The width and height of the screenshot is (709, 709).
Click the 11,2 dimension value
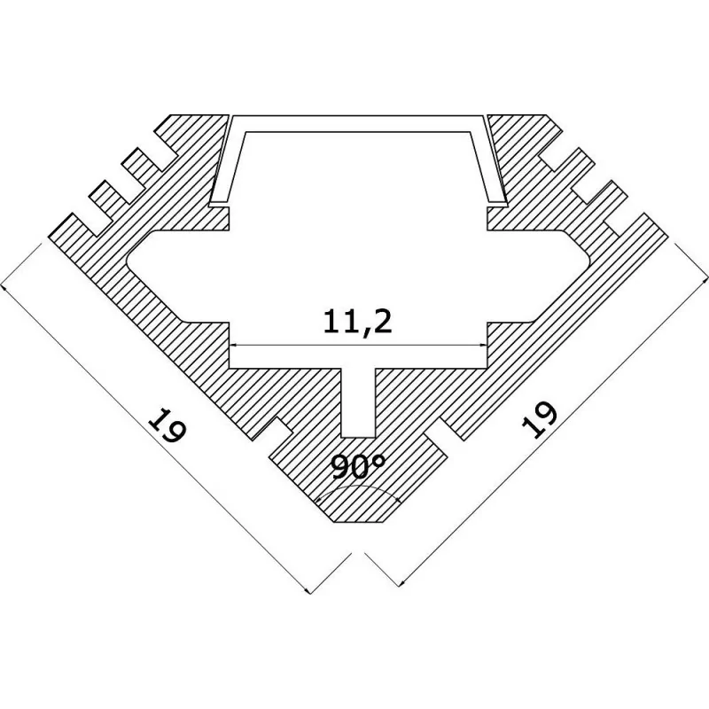(357, 323)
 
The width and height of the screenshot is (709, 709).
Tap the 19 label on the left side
(167, 425)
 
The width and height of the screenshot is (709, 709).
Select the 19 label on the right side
(539, 419)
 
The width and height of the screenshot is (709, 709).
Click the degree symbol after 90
(380, 460)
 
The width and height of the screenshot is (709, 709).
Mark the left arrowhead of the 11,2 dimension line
(235, 346)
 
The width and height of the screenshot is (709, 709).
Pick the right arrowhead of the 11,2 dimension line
(482, 346)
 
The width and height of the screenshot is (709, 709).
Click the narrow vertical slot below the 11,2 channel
(358, 402)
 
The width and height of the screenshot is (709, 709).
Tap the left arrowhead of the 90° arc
(320, 499)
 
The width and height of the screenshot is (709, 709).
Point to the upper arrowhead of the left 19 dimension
(4, 287)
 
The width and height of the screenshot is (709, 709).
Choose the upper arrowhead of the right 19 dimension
(704, 279)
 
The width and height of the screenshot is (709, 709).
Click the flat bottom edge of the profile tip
(357, 523)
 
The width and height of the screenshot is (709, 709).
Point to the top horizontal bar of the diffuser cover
(358, 123)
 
